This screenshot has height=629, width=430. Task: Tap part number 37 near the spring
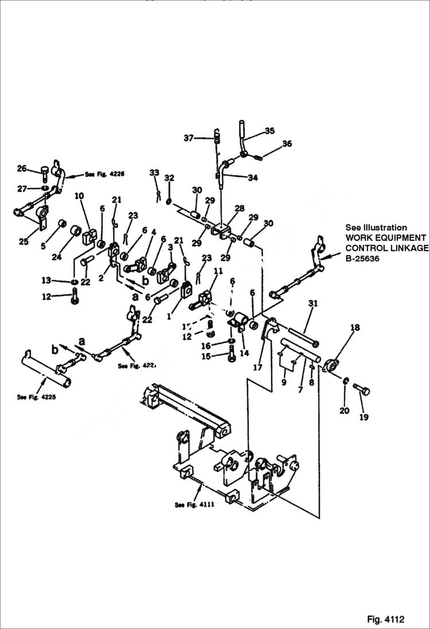pyautogui.click(x=189, y=138)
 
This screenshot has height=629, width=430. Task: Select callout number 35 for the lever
pyautogui.click(x=269, y=131)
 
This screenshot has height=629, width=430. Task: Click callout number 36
pyautogui.click(x=286, y=143)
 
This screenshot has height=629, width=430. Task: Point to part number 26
pyautogui.click(x=22, y=168)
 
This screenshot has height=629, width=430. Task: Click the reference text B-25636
pyautogui.click(x=364, y=258)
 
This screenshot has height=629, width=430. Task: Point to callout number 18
pyautogui.click(x=355, y=327)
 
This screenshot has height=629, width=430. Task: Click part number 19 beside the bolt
pyautogui.click(x=363, y=417)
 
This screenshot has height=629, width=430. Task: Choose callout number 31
pyautogui.click(x=312, y=303)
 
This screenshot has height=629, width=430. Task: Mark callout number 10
pyautogui.click(x=79, y=196)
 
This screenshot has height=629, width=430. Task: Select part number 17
pyautogui.click(x=258, y=367)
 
